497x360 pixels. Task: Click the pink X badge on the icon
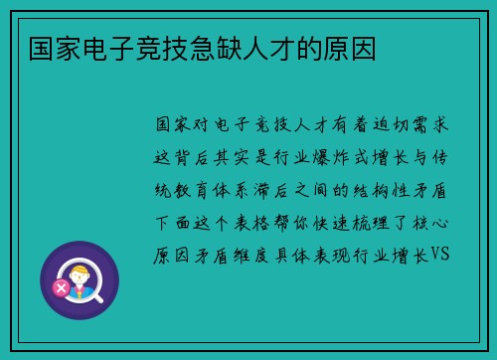point(61,288)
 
